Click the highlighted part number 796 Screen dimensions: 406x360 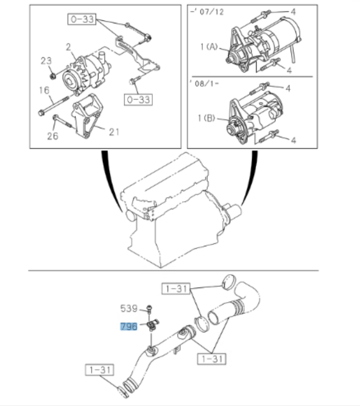(x=129, y=327)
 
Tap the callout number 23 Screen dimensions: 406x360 (x=45, y=61)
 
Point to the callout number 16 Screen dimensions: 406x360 (x=44, y=90)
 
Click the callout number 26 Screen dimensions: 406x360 (x=52, y=136)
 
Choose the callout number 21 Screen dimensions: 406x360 (x=114, y=131)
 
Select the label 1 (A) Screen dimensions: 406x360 (x=209, y=48)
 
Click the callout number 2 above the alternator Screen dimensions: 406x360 (x=69, y=48)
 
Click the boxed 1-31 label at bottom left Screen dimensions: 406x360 (x=99, y=370)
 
